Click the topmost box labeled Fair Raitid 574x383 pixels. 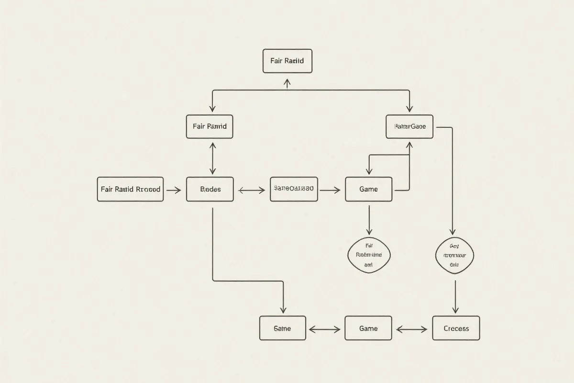pos(287,61)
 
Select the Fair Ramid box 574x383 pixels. pos(210,127)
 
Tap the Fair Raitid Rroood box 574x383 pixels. pos(130,189)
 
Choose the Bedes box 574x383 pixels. pos(210,189)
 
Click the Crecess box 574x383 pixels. pos(456,328)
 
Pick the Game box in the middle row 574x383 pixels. pos(368,189)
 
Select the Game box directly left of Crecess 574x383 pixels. pos(368,328)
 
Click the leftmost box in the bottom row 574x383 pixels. pos(283,328)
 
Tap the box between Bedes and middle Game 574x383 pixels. pos(294,189)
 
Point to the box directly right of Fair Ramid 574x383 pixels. pos(409,127)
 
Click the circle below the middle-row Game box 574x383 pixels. pos(368,255)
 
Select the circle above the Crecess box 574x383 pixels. pos(455,256)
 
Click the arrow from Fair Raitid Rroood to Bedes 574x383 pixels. pos(174,190)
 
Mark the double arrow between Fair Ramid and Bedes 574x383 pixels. pos(213,158)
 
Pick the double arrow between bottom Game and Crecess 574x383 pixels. pos(412,329)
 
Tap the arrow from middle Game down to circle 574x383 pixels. pos(369,220)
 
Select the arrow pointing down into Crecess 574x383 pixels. pos(455,297)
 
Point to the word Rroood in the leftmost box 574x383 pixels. pos(148,189)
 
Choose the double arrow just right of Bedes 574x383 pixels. pos(252,191)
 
